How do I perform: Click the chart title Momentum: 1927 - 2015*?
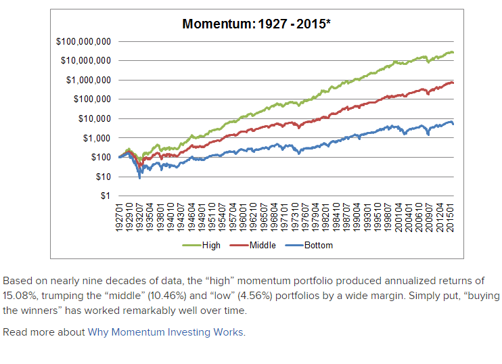coord(256,25)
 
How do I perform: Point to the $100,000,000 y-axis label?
coord(83,41)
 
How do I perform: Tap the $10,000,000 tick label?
coord(86,61)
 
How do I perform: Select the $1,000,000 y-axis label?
coord(88,80)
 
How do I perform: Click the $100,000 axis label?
coord(91,99)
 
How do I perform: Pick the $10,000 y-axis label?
coord(93,118)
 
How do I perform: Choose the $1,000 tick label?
coord(96,138)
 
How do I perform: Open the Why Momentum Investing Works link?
coord(166,332)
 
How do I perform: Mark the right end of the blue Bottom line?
coord(453,124)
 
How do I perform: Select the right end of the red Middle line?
coord(453,83)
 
